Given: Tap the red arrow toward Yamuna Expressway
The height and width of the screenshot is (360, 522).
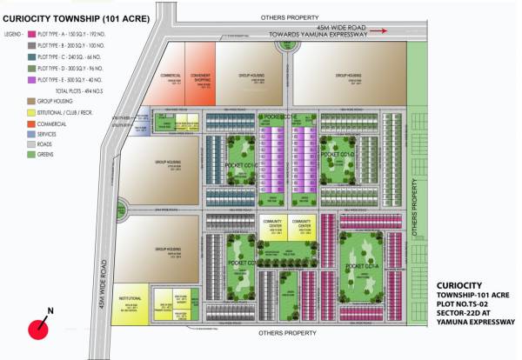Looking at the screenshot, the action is click(380, 30).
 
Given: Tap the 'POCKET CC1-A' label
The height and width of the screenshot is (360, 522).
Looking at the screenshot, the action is click(359, 265).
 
